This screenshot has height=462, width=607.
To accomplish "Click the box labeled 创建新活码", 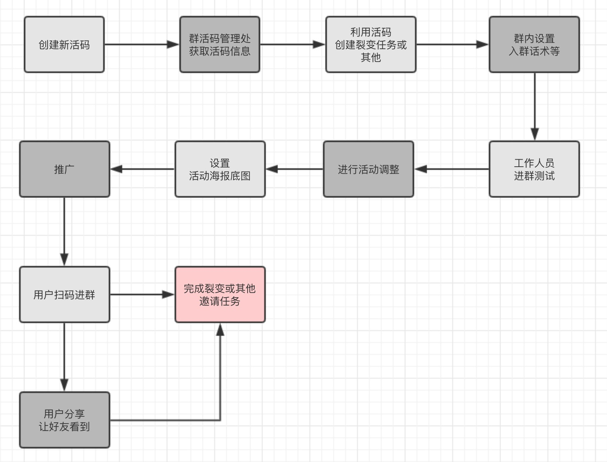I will pos(64,44).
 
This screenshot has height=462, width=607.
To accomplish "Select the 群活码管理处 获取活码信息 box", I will pos(220,44).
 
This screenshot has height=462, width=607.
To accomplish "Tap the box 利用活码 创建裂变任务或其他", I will pos(371,44).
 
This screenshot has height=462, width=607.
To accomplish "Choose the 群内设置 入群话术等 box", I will pos(534,44).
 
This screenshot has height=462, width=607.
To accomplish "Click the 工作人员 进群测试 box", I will pos(534,169).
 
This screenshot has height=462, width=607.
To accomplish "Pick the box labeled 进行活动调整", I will pos(369,169).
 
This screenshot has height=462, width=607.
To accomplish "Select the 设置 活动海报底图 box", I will pos(220,169).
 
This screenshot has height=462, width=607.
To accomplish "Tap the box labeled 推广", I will pos(65,169).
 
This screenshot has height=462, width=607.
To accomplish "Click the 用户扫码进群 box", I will pos(65,295).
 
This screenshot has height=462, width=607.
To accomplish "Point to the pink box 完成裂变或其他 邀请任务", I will pos(220,295).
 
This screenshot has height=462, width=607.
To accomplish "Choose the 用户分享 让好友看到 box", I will pos(65,420).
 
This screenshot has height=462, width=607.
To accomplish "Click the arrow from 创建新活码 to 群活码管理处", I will pos(142,44).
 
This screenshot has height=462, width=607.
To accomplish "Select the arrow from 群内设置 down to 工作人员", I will pos(534,106).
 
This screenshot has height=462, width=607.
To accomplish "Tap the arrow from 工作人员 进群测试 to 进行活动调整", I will pos(451,169).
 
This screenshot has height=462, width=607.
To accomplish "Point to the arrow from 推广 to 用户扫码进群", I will pos(64,231).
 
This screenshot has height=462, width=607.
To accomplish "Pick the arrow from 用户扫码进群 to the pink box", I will pos(142,295).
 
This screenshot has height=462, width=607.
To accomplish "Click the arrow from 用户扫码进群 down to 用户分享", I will pos(64,356).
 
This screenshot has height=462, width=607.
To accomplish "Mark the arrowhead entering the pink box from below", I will pos(220,329).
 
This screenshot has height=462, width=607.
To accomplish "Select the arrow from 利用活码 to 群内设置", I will pos(452,44).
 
